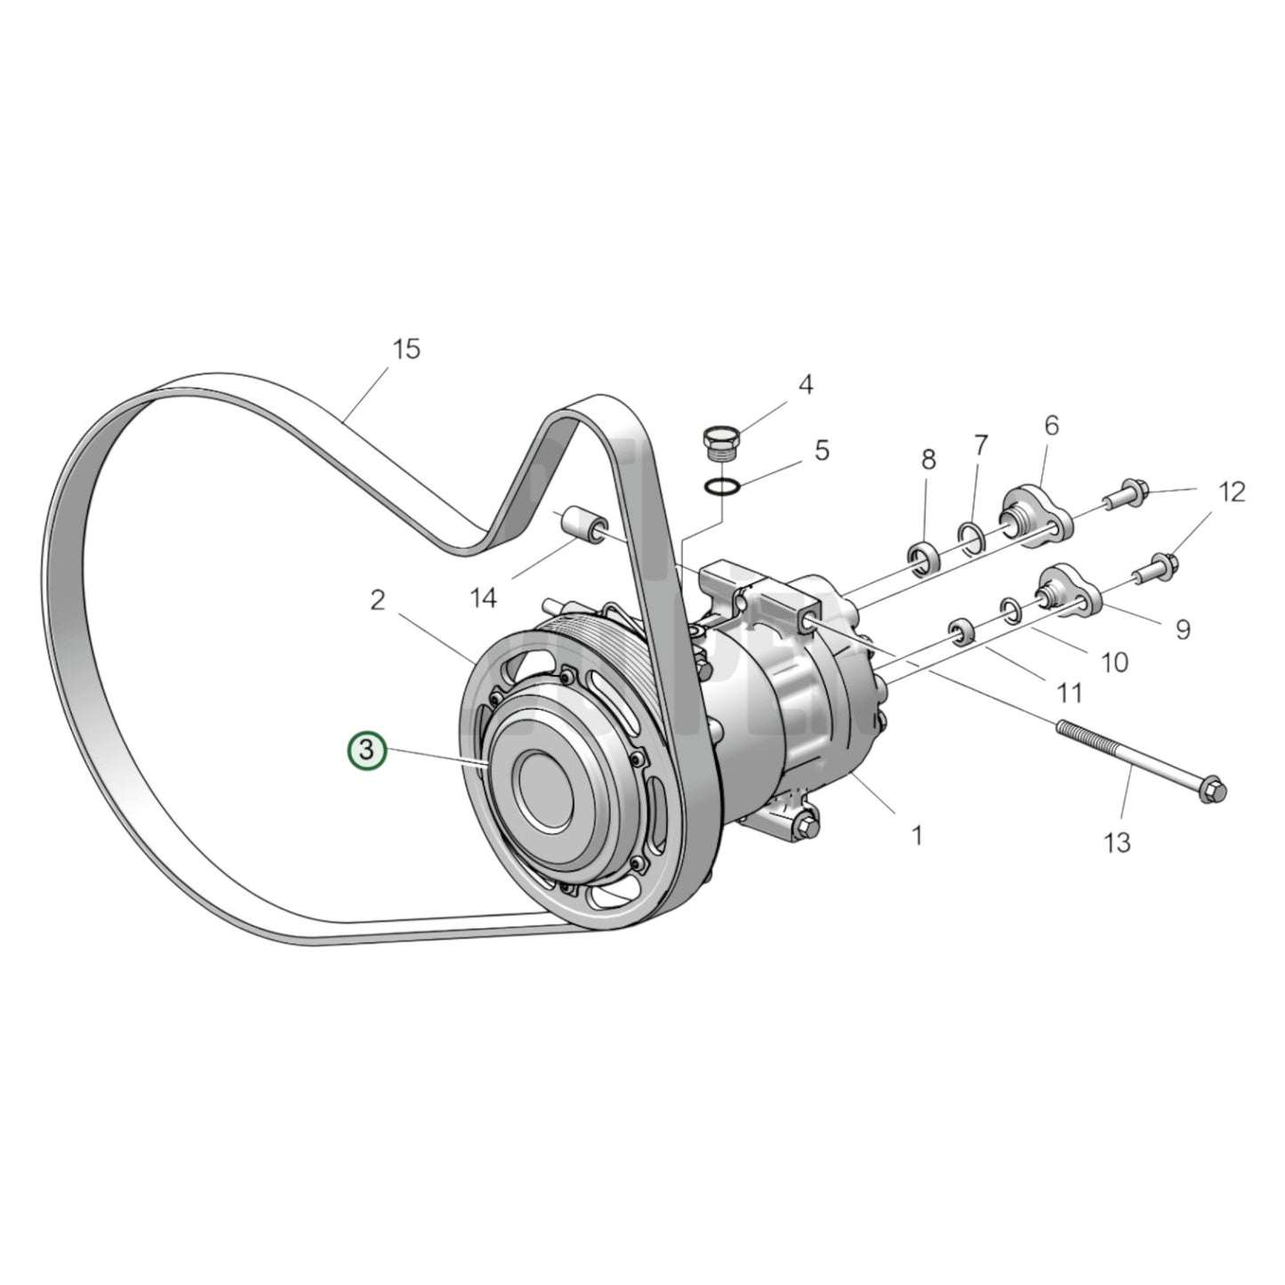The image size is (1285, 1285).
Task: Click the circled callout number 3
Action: point(366,751)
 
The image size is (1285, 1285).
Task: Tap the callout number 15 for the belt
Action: point(406,349)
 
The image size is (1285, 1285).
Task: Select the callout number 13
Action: point(1117,840)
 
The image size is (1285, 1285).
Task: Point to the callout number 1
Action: point(917,835)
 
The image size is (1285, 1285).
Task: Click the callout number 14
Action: point(484,598)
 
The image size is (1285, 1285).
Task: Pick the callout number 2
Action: point(378,601)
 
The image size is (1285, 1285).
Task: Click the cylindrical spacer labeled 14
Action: point(582,524)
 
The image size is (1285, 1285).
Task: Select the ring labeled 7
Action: point(972,537)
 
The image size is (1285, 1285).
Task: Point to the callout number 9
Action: point(1182,630)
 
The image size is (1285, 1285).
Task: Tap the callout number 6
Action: point(1052,426)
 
